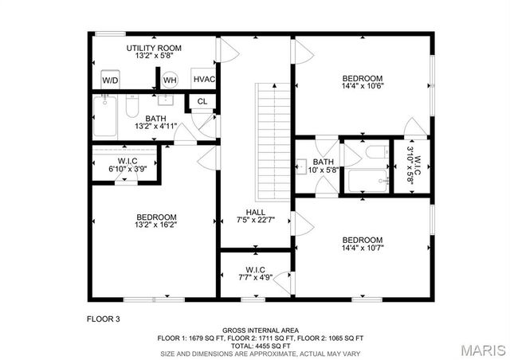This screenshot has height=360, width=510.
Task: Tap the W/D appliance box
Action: coord(111,80)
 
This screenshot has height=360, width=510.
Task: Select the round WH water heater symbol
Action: coord(170,80)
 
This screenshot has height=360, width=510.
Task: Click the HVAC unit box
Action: coord(203,80)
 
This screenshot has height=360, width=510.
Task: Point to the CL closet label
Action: coord(202,101)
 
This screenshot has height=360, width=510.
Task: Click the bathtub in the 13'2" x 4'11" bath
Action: coord(105,116)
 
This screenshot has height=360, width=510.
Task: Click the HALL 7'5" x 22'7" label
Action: coord(255,217)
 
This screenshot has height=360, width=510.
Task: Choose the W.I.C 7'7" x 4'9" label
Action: coord(255,274)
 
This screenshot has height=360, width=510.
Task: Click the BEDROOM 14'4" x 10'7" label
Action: coord(363,245)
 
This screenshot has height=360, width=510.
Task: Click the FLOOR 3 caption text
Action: coord(103,319)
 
